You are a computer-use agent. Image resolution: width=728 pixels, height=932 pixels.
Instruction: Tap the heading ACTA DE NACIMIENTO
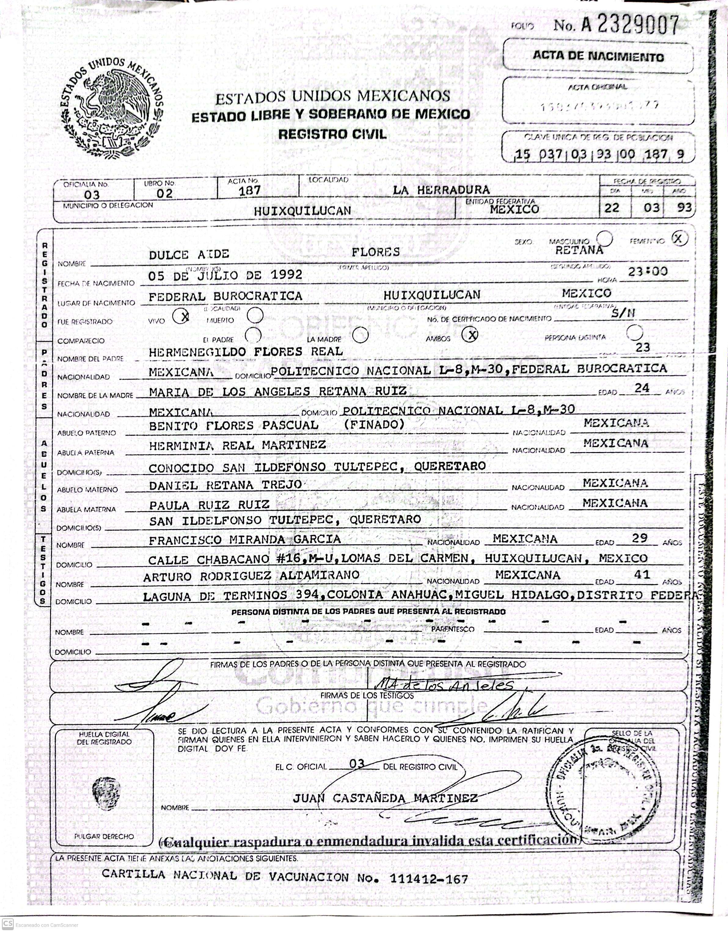tap(598, 56)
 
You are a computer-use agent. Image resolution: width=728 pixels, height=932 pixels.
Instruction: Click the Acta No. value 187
tap(250, 190)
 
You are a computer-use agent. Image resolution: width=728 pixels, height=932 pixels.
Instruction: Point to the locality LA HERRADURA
tap(441, 190)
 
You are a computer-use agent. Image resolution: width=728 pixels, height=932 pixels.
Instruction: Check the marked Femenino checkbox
tap(679, 239)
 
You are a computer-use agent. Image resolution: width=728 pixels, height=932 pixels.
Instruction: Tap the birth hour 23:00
tap(648, 271)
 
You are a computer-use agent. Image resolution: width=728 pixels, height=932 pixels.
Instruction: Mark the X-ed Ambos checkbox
tap(470, 335)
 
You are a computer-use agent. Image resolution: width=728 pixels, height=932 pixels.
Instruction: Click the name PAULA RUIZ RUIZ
tap(209, 505)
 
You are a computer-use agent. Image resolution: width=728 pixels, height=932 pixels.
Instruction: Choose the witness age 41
tap(641, 574)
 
